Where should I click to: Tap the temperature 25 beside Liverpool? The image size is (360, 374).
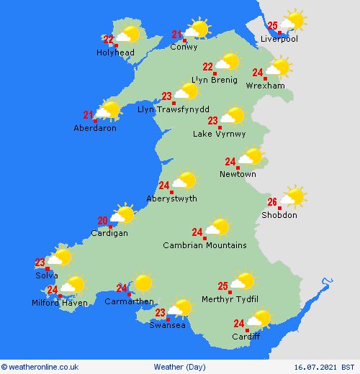[x=272, y=25]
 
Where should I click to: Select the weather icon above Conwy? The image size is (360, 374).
[x=194, y=29]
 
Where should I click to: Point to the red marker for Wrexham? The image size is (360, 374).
[x=265, y=78]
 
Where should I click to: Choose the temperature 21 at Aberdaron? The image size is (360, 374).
[x=89, y=114]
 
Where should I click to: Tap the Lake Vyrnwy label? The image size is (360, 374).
[x=219, y=134]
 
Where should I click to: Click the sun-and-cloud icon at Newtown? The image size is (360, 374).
[x=251, y=157]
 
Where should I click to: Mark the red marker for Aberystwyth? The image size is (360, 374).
[x=171, y=191]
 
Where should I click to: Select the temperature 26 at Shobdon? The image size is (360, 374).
[x=272, y=202]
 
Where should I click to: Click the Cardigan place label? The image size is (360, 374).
[x=109, y=233]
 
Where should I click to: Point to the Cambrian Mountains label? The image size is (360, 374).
[x=204, y=245]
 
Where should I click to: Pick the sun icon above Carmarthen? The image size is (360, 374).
[x=142, y=283]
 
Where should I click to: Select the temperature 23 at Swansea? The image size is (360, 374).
[x=160, y=312]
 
